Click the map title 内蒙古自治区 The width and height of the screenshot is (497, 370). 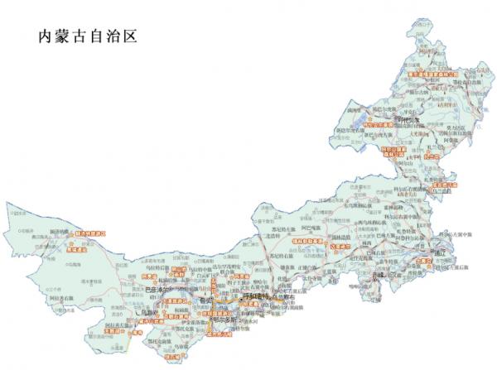[x=85, y=37]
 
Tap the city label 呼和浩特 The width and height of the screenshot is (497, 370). [x=258, y=296]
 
